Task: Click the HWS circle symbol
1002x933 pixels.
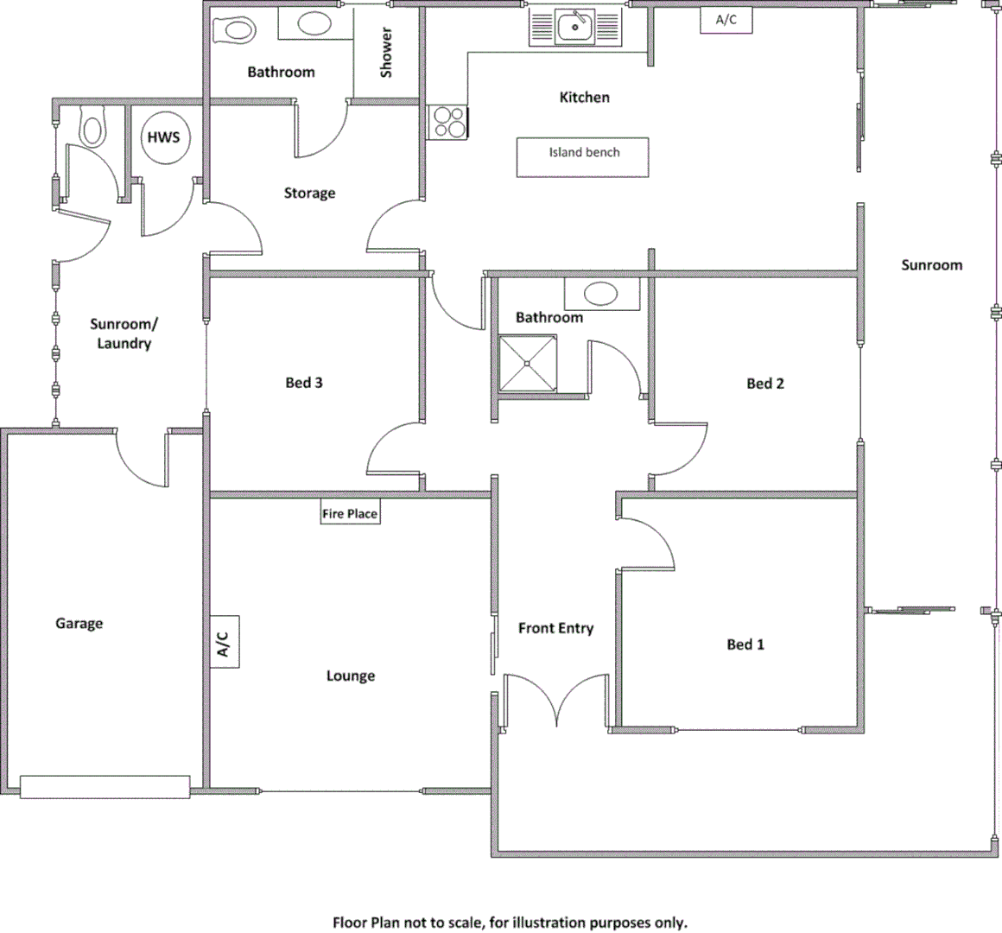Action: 163,138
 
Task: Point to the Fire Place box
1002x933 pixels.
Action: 350,514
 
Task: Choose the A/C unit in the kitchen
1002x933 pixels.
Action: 726,21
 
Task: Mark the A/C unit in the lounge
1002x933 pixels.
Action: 223,642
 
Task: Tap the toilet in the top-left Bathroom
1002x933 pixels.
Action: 235,30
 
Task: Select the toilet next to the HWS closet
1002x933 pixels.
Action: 92,128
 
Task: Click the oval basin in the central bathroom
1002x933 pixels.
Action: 601,294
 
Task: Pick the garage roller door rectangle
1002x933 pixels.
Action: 105,787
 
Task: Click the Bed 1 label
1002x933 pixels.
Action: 745,644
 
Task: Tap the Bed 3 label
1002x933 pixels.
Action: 304,383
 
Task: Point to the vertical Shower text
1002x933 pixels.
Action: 386,53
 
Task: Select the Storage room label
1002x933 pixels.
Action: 309,194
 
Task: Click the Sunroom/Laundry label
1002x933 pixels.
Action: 124,334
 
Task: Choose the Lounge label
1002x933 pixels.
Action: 350,676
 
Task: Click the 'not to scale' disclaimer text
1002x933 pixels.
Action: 510,923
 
